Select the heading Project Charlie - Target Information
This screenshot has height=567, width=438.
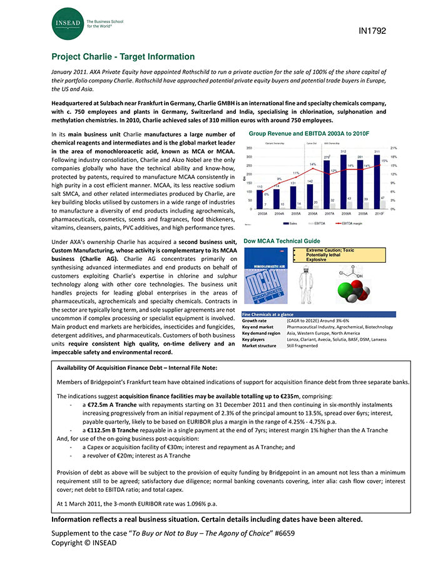pos(123,57)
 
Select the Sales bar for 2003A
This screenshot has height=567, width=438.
pos(260,199)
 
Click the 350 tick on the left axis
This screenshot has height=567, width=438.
pos(249,148)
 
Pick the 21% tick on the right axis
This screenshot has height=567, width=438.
pos(394,148)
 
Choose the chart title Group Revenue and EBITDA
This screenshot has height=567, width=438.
pos(309,134)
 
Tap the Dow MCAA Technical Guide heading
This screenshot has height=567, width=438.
pos(282,241)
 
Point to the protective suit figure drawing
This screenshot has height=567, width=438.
pos(307,278)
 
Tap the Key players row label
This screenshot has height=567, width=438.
pos(257,339)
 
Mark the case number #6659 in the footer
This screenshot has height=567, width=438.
pos(283,533)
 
